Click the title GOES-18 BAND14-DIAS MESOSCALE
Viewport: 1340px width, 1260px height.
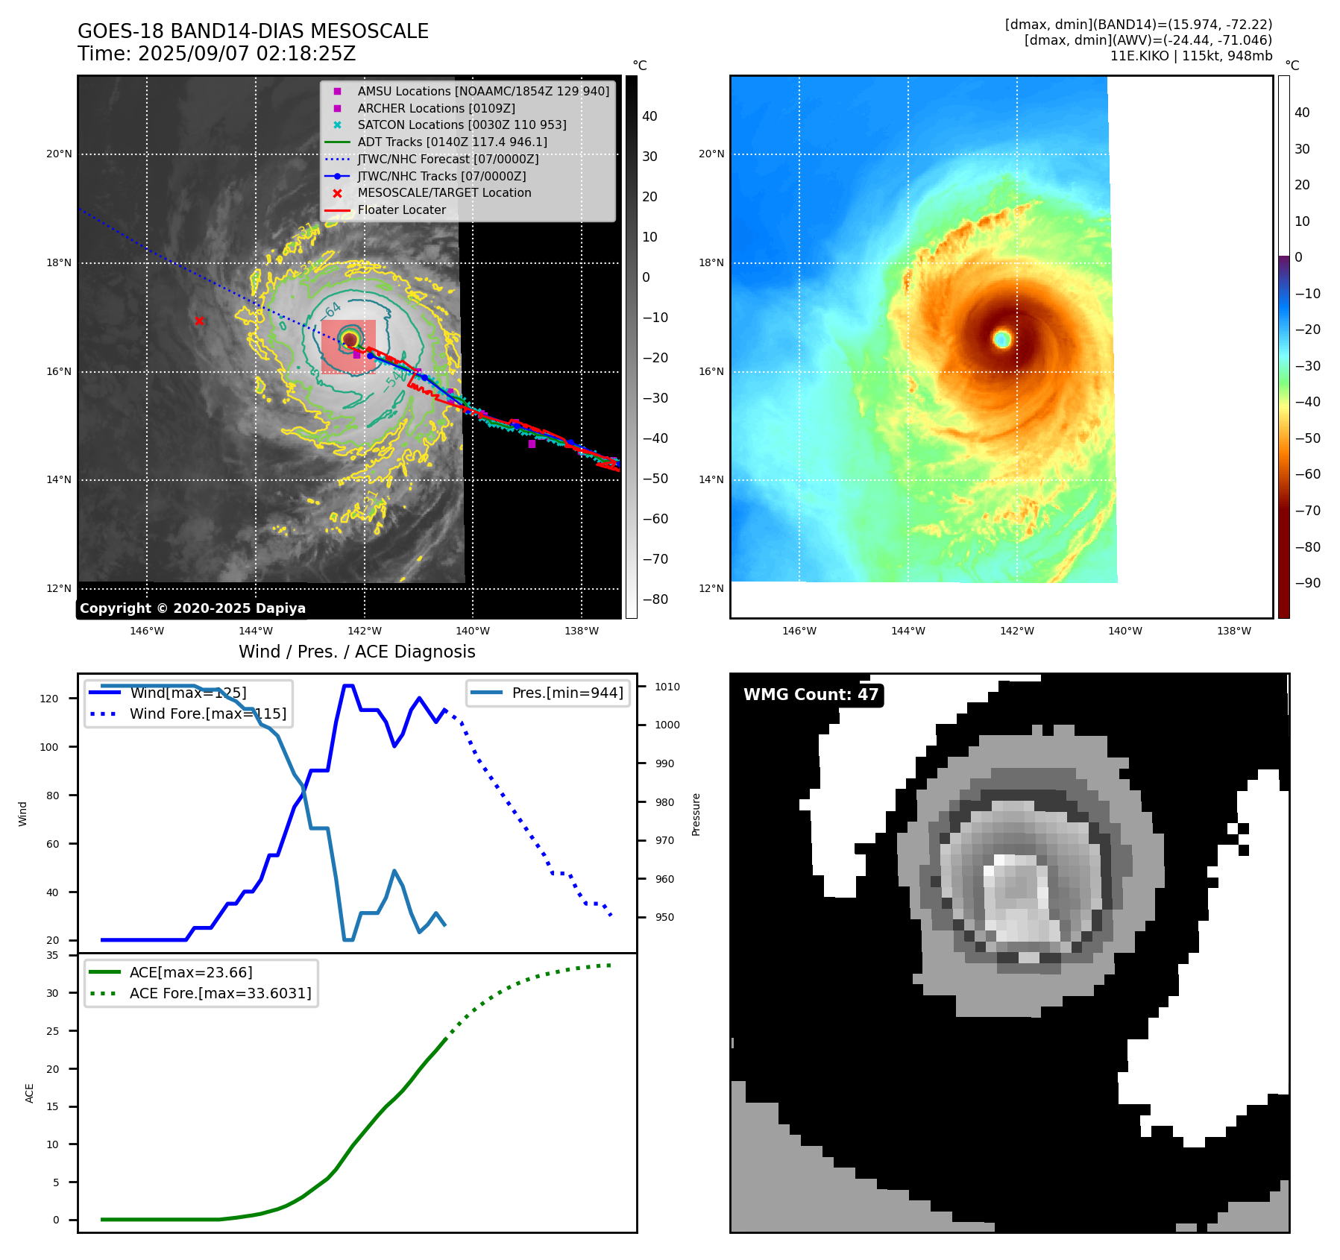coord(253,31)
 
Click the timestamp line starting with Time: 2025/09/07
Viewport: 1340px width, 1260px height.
coord(216,54)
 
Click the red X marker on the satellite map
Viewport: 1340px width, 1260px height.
coord(199,321)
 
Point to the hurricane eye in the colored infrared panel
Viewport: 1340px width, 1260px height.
coord(1001,339)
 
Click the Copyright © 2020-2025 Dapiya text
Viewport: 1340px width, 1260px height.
coord(192,608)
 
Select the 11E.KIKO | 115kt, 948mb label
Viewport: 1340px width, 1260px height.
coord(1191,56)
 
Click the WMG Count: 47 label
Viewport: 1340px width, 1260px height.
coord(811,695)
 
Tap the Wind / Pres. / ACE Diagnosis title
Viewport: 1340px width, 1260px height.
coord(356,652)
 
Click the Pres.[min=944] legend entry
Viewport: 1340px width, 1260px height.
coord(567,693)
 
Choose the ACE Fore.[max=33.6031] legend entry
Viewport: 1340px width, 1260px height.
coord(220,993)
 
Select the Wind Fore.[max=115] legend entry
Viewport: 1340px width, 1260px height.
coord(207,714)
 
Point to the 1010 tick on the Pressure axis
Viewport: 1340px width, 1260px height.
coord(667,687)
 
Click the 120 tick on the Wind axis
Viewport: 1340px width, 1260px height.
coord(49,699)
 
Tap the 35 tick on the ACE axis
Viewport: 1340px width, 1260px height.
coord(52,955)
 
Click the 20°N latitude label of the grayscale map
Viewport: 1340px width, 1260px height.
coord(59,154)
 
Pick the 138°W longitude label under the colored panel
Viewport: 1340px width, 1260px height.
coord(1233,631)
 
